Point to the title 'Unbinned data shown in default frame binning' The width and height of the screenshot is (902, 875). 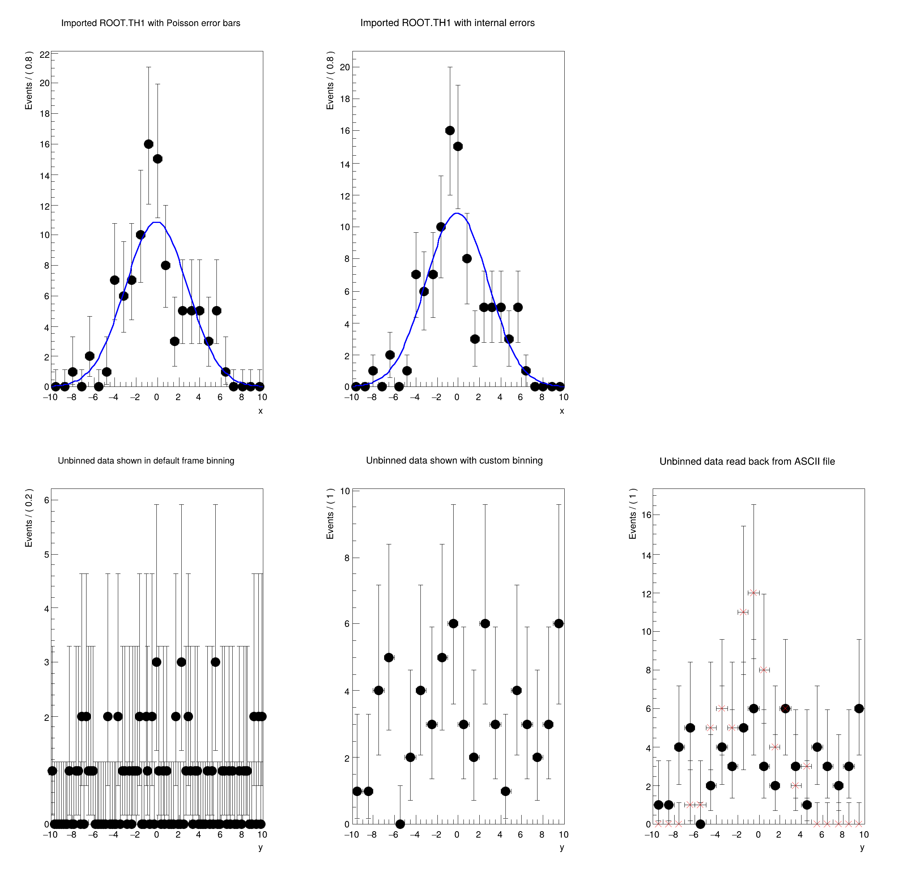click(146, 461)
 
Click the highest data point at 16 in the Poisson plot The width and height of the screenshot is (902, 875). click(149, 144)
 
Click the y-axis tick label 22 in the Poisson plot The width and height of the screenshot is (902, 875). click(45, 55)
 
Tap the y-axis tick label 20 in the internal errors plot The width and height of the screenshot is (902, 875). click(345, 67)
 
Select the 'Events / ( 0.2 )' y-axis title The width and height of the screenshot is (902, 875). click(29, 518)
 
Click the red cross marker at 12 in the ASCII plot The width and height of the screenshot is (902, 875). click(753, 593)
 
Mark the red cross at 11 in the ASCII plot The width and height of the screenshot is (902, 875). click(743, 612)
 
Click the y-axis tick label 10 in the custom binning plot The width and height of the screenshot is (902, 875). click(345, 491)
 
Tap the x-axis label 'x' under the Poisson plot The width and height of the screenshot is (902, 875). click(261, 411)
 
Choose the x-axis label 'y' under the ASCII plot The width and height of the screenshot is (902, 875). click(862, 847)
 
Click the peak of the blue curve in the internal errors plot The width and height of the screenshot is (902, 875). click(457, 213)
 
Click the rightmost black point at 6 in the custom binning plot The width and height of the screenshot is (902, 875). click(559, 623)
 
